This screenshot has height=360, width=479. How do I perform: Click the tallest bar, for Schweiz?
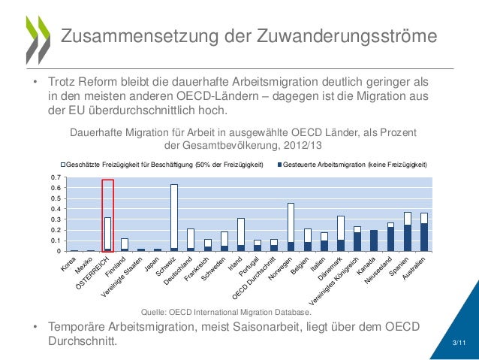(x=174, y=218)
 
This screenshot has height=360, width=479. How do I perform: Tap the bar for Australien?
(x=424, y=232)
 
